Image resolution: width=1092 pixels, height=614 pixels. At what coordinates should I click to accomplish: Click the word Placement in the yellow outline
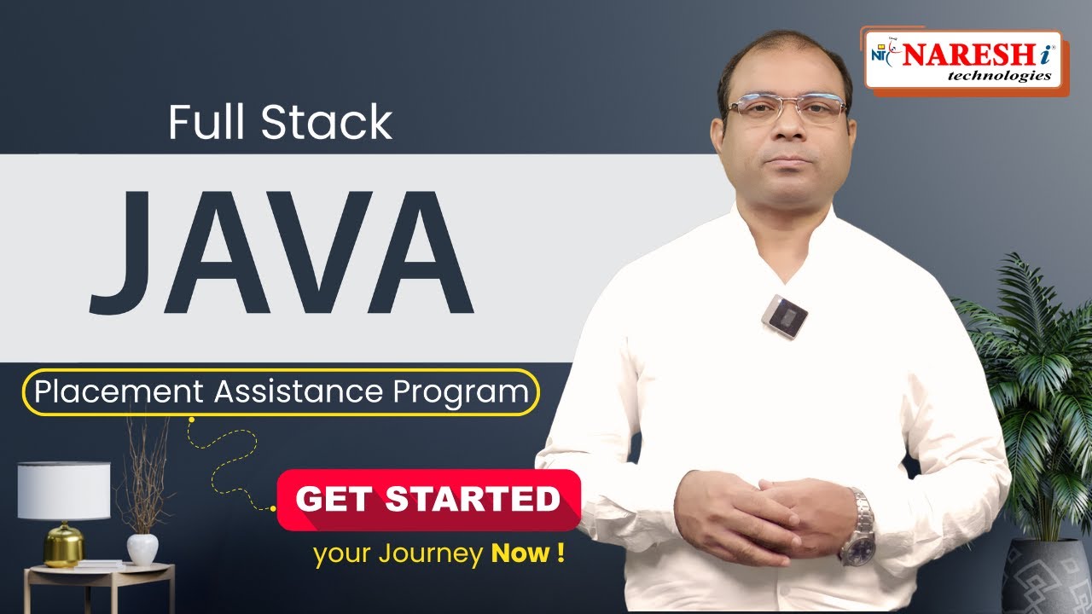(119, 392)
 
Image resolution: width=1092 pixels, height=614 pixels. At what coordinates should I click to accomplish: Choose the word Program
(462, 392)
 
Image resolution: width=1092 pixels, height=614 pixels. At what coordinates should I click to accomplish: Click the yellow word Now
(520, 553)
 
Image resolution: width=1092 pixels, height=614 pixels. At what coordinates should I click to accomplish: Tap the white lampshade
(64, 490)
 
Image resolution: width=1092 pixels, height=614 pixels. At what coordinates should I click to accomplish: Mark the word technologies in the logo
(999, 75)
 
